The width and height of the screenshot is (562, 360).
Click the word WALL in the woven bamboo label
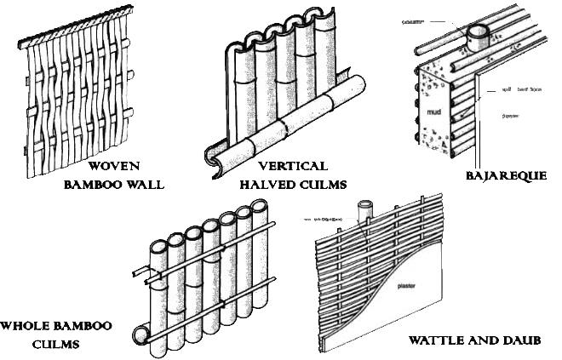(x=146, y=183)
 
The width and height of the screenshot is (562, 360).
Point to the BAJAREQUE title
(x=508, y=176)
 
